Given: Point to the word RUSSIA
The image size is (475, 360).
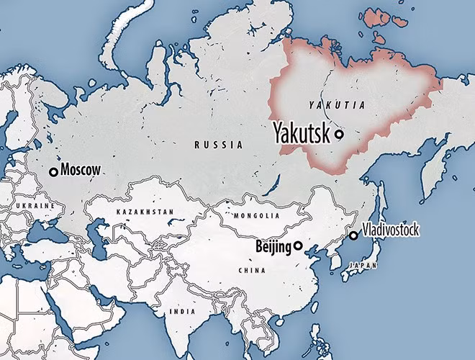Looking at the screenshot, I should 218,145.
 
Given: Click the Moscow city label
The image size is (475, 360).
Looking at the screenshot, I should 81,171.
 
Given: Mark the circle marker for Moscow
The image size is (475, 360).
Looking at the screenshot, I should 53,171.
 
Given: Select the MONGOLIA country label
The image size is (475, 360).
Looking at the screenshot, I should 257,215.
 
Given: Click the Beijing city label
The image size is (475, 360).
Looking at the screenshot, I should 273,247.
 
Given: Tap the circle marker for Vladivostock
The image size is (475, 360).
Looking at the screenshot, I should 353,235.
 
